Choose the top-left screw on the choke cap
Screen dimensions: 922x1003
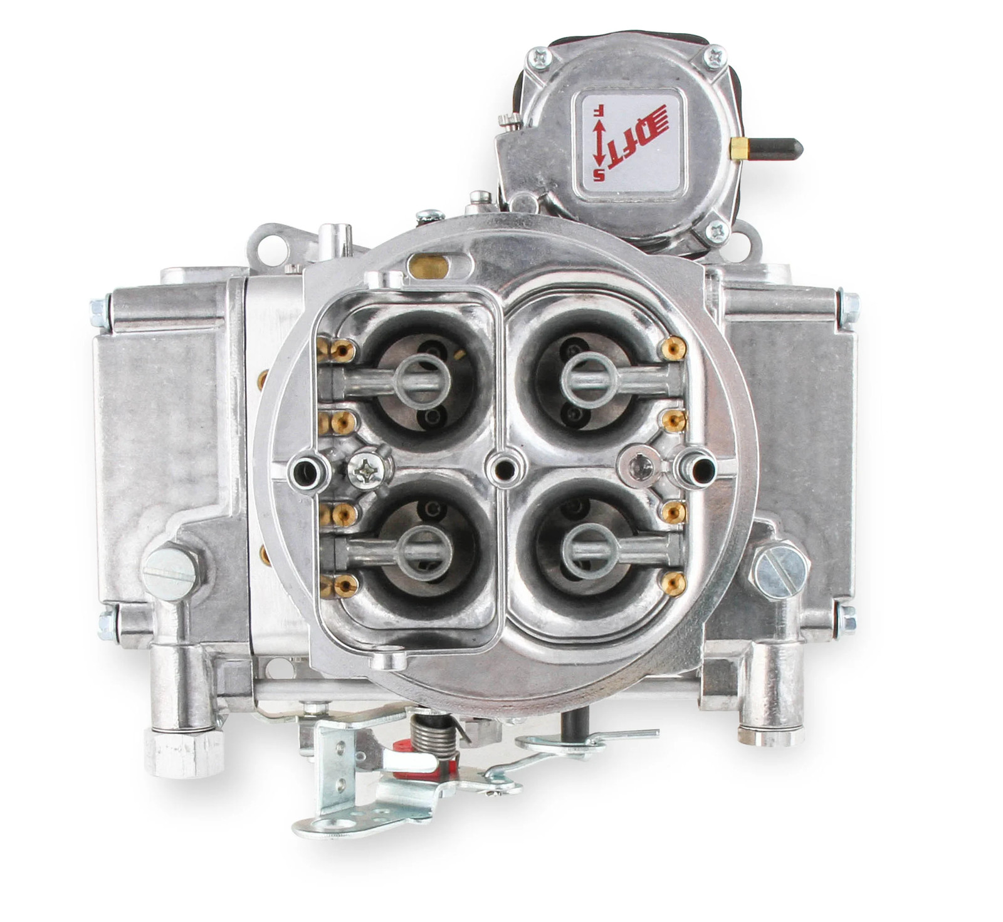(x=540, y=58)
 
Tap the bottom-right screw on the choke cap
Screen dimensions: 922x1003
(x=716, y=232)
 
